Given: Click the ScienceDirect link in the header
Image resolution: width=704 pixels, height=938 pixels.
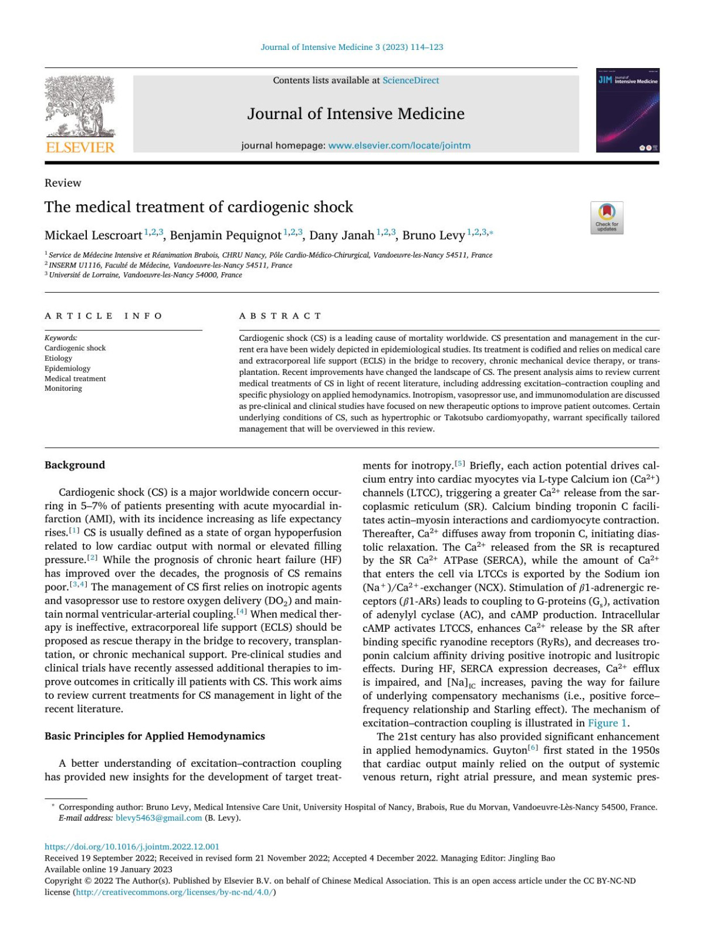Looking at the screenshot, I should click(410, 80).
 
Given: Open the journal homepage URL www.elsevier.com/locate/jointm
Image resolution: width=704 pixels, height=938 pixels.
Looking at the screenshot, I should click(399, 145).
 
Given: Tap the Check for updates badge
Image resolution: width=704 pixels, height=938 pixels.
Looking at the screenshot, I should click(607, 218).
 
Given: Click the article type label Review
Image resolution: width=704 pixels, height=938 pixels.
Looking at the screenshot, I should click(63, 183).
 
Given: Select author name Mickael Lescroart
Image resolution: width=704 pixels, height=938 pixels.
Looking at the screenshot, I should click(93, 236).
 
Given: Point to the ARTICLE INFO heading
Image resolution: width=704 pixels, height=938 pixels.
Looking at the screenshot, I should click(104, 316).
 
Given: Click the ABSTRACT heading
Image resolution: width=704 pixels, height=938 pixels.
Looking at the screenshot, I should click(280, 316).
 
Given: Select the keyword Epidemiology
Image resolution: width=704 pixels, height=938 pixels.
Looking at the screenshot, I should click(67, 368).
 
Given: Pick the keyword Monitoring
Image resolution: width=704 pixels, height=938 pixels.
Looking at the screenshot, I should click(63, 388).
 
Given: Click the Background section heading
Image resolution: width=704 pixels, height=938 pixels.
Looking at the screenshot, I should click(75, 465).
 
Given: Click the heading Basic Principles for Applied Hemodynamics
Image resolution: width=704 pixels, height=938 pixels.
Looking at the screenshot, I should click(155, 736).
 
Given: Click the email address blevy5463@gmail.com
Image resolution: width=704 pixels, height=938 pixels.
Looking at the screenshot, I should click(158, 818).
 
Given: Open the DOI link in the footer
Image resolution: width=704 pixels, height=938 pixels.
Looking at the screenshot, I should click(132, 846).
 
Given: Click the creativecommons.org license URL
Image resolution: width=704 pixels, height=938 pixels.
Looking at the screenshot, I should click(174, 892).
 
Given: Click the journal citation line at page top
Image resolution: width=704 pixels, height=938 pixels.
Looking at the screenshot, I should click(351, 47).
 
